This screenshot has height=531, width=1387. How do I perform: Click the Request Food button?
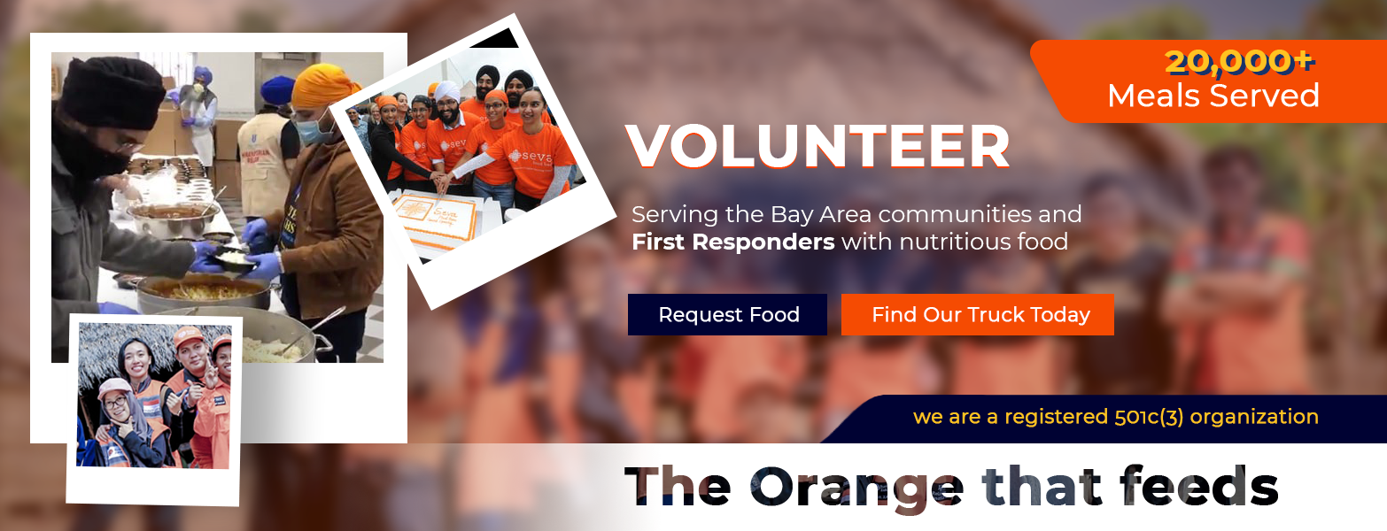click(727, 314)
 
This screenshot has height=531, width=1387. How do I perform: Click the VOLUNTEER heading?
click(818, 147)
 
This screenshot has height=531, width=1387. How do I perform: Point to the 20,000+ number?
click(1240, 62)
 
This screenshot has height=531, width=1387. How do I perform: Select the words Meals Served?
click(1213, 96)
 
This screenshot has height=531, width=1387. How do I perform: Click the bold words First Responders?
click(733, 242)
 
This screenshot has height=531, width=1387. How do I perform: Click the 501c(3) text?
click(1149, 417)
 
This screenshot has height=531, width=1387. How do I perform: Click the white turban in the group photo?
click(446, 93)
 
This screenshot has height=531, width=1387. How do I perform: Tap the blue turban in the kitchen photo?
click(277, 89)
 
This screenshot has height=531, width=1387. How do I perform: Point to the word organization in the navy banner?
click(1254, 417)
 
